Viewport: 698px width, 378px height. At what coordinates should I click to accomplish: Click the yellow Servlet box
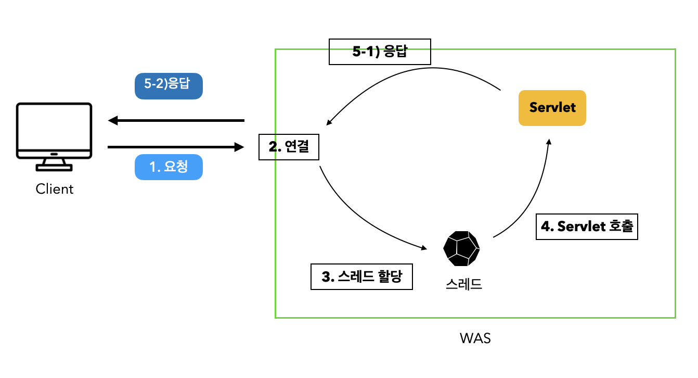click(552, 108)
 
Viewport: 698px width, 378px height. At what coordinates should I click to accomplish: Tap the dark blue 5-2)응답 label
click(168, 86)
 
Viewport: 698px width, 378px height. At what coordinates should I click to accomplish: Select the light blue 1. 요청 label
click(168, 167)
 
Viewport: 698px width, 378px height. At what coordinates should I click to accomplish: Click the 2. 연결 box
click(289, 147)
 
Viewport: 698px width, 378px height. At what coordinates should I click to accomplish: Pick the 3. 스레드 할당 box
click(361, 276)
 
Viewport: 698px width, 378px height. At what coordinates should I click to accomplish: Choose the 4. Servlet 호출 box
click(586, 226)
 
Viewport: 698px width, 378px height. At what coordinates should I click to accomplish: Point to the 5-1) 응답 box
click(380, 52)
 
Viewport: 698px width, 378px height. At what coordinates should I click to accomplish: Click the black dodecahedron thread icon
click(461, 248)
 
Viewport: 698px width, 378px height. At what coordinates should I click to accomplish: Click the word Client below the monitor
click(55, 189)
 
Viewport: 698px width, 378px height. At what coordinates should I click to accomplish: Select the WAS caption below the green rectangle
click(475, 338)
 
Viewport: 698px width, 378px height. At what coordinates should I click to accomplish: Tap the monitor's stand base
click(54, 167)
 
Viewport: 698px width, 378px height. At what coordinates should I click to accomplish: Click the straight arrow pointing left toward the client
click(177, 121)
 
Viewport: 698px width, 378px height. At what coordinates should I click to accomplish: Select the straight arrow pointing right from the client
click(177, 147)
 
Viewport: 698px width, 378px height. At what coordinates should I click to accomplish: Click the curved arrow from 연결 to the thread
click(359, 219)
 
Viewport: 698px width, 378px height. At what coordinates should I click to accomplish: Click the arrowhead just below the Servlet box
click(548, 142)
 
